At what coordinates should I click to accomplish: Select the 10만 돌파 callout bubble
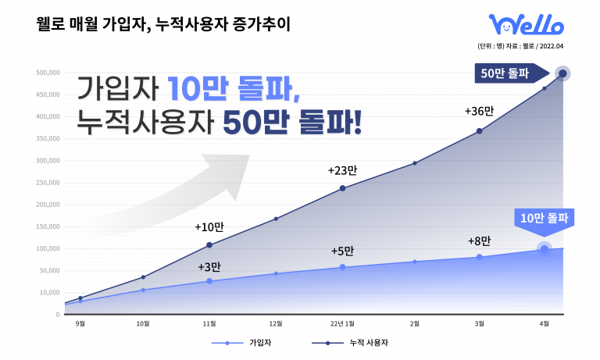[544, 218]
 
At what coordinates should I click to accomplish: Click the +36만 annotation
[479, 111]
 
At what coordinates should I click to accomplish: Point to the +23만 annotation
[342, 169]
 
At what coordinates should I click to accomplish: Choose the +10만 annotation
[209, 227]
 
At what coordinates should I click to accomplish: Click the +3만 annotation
[209, 266]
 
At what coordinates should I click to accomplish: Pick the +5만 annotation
[342, 251]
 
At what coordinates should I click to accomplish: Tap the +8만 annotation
[479, 241]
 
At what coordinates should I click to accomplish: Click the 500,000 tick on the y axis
[48, 73]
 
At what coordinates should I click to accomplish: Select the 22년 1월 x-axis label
[342, 323]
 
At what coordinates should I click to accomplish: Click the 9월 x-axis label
[80, 323]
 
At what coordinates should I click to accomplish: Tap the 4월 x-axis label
[545, 323]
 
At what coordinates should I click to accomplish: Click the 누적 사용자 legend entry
[362, 343]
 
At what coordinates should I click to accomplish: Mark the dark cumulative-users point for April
[562, 74]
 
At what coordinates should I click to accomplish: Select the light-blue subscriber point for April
[545, 249]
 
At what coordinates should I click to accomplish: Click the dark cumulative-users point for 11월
[209, 245]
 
